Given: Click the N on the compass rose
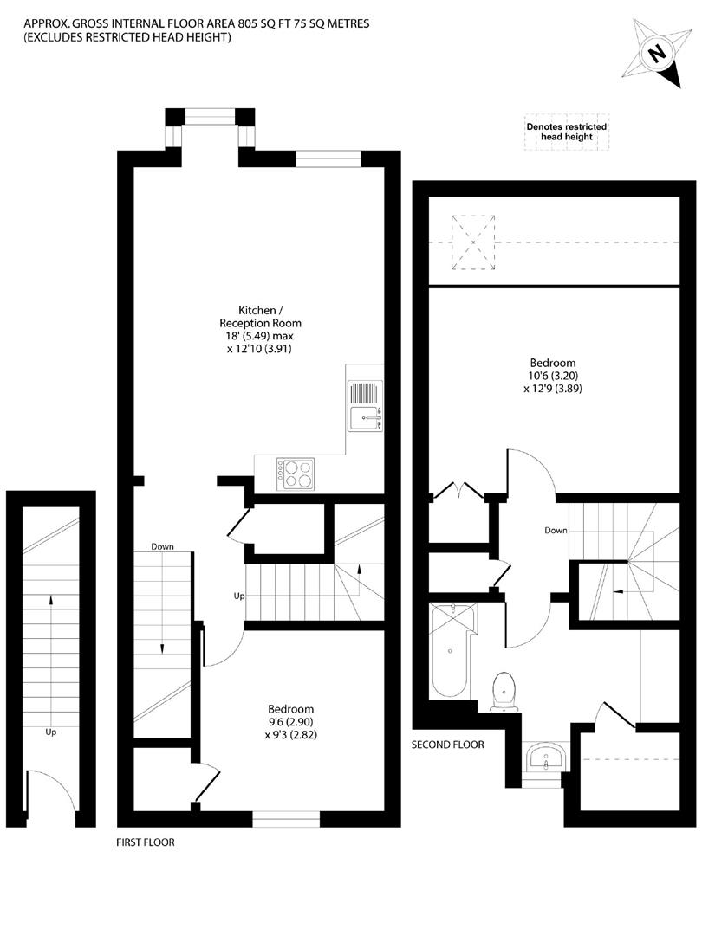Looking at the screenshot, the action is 657,54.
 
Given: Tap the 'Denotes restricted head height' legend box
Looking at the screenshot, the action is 567,132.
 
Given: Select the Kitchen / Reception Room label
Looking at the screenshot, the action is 260,317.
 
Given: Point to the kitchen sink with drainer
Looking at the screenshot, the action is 365,405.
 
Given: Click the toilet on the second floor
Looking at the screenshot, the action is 504,692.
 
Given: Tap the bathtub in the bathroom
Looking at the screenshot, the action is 452,650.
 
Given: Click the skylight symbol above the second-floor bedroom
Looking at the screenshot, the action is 473,242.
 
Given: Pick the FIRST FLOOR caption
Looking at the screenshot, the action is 146,842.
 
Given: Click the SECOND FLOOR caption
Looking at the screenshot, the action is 448,745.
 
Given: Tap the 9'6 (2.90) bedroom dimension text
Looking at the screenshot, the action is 290,722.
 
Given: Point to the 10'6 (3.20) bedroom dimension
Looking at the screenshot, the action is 553,376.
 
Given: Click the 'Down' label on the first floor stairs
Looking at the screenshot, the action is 162,546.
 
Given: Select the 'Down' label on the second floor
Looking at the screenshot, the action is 556,530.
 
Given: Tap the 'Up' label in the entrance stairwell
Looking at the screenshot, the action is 51,732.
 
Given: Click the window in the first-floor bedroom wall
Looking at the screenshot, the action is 286,819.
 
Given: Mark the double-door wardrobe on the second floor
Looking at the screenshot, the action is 458,519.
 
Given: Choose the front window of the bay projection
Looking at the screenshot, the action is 210,116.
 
